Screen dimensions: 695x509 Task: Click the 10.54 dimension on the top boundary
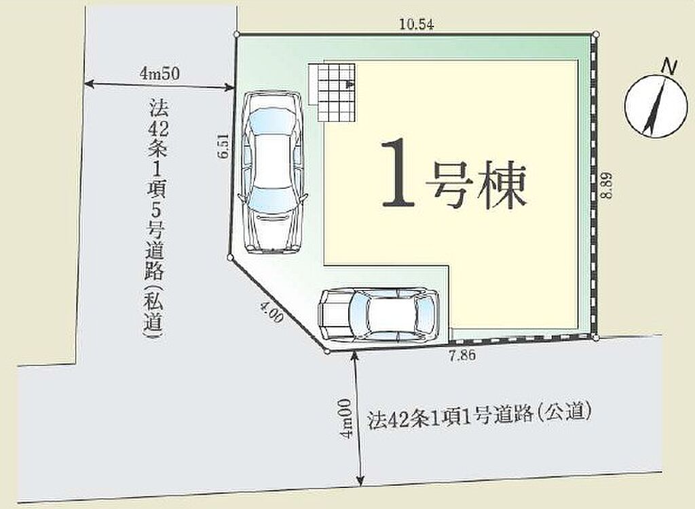tap(416, 24)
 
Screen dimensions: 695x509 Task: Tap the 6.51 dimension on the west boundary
tap(223, 146)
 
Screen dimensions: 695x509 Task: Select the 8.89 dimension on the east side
tap(607, 184)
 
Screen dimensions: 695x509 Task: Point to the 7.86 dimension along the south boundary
tap(462, 355)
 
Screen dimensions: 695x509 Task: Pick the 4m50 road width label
tap(159, 73)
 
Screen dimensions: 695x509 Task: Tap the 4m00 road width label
tap(345, 418)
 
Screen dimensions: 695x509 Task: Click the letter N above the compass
tap(669, 67)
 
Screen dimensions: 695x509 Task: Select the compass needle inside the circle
tap(655, 106)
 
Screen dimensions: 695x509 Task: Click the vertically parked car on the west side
tap(272, 172)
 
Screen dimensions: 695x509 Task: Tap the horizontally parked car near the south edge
tap(379, 315)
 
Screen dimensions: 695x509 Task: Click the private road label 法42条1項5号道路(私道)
tap(155, 219)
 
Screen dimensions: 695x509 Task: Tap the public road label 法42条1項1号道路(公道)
tap(480, 416)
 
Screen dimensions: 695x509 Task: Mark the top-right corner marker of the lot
tap(596, 34)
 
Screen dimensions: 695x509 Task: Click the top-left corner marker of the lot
tap(237, 34)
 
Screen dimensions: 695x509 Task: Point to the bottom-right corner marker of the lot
tap(596, 338)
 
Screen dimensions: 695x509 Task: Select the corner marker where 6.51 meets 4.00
tap(229, 257)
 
